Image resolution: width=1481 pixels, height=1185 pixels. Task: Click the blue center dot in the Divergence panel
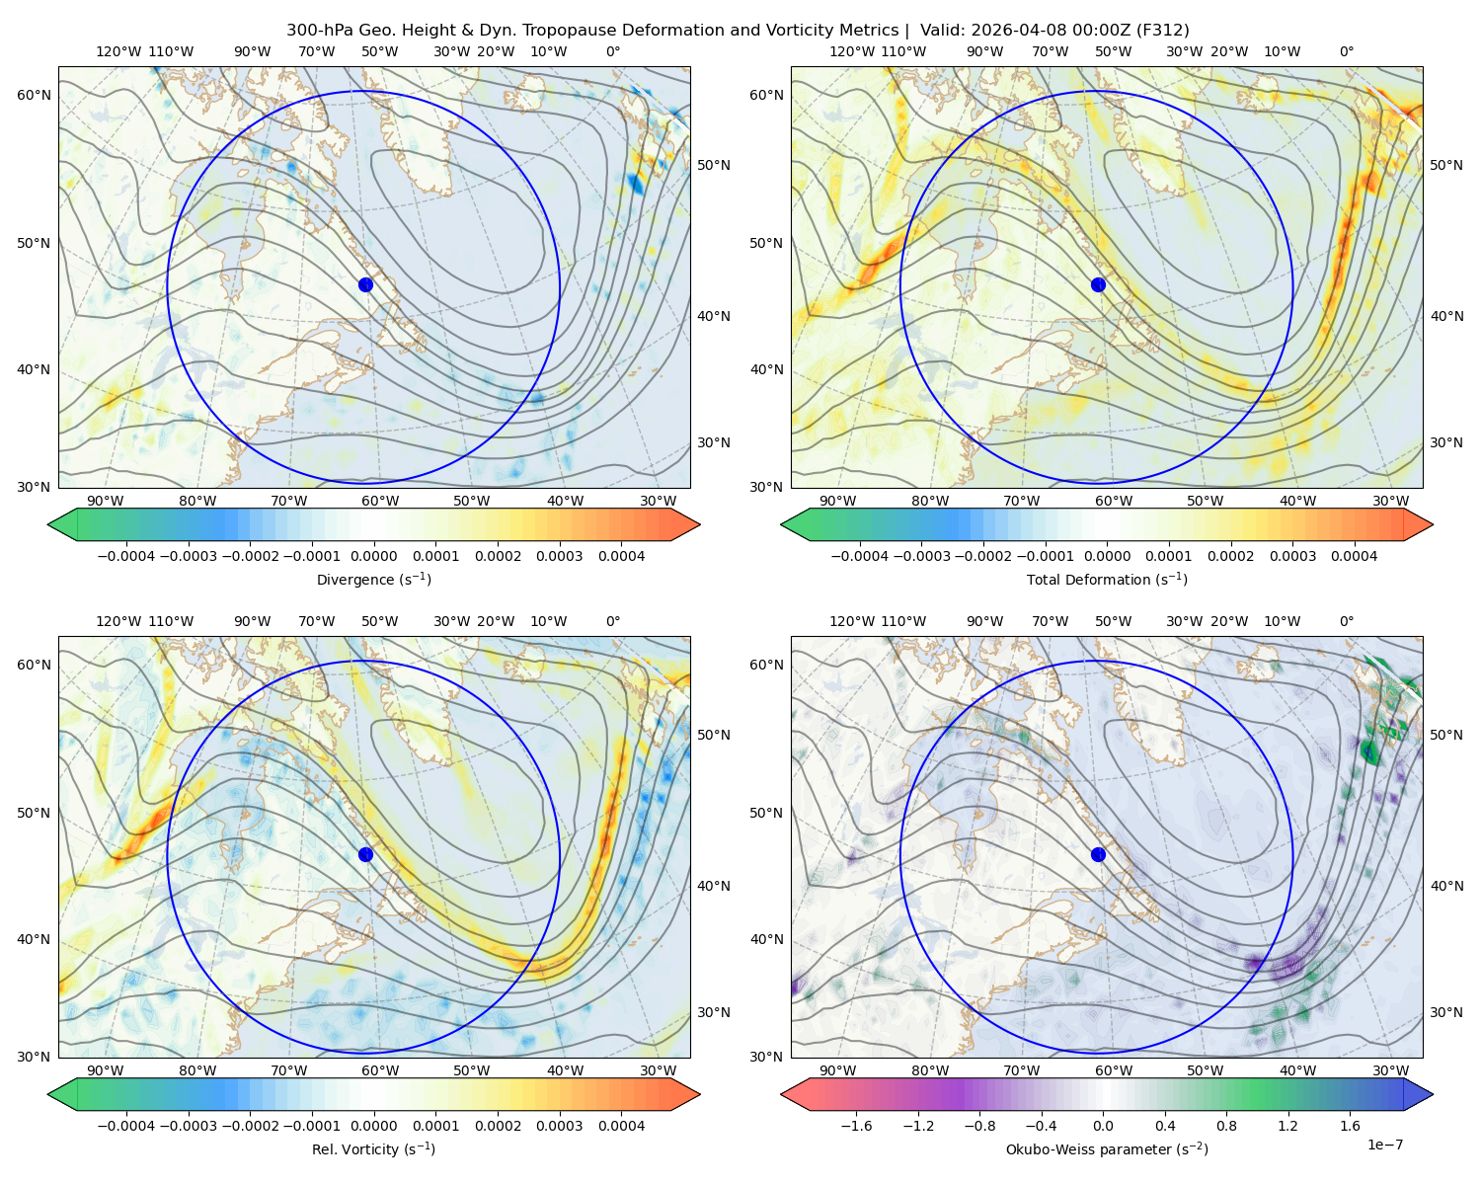365,285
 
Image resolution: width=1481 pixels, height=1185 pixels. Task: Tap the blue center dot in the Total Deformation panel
1098,285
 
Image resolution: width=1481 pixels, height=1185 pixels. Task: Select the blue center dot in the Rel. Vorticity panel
365,854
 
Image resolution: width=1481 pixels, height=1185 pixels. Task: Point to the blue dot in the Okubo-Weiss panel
1098,854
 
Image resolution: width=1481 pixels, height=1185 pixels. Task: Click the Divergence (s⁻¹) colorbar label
373,580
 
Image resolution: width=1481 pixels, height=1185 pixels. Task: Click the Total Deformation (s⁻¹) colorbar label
1107,580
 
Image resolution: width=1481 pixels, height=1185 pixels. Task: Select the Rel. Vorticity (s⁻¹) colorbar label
373,1149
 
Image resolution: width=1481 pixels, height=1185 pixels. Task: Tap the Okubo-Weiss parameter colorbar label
1107,1149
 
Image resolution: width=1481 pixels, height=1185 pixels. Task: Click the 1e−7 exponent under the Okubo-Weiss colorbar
1384,1145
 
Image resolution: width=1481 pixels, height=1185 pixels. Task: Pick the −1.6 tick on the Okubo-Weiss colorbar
856,1126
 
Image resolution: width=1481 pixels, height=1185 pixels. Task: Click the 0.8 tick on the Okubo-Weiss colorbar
1226,1126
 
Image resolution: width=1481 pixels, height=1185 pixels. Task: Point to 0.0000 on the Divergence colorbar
373,556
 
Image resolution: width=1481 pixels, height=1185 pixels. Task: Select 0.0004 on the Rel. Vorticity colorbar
621,1126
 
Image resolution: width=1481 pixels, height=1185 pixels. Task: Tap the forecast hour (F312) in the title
1162,31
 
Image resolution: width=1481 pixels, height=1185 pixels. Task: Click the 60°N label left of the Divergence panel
34,95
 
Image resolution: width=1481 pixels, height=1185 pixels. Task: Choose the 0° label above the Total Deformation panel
1347,51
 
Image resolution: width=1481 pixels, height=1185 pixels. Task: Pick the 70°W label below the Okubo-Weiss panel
1021,1070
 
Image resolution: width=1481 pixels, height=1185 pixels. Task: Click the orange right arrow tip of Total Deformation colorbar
1432,524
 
